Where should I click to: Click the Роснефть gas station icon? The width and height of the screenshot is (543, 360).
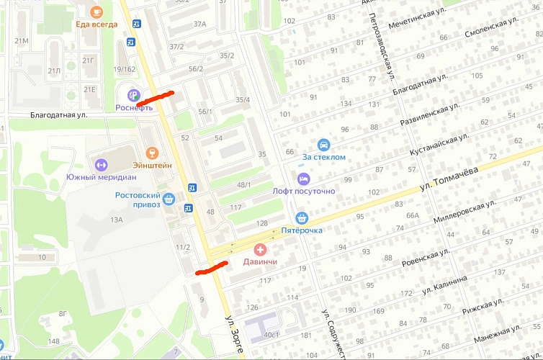coord(133,94)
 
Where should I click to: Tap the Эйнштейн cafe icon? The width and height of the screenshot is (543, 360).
coord(151,153)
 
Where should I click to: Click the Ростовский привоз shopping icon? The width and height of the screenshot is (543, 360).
coord(169,199)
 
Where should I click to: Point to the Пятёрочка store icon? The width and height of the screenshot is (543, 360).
coord(302,217)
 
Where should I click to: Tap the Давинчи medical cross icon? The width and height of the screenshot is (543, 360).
coord(259,249)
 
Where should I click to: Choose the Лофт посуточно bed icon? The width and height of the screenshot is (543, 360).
coord(303,178)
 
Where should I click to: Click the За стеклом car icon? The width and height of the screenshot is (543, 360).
coord(324,144)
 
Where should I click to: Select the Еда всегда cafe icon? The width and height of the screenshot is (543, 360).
coord(97,12)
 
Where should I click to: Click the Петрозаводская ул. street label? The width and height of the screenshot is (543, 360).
coord(382,45)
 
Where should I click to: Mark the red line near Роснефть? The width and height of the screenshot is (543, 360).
coord(155,96)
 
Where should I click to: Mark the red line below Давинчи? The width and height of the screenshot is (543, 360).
coord(212,269)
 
